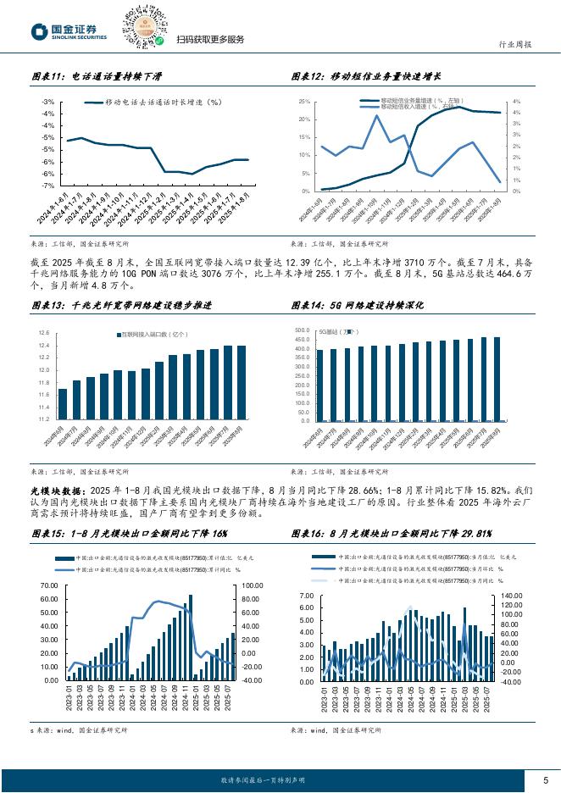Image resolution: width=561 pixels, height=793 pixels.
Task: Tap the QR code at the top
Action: pyautogui.click(x=145, y=26)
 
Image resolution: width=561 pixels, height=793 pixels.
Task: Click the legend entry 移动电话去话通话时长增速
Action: pyautogui.click(x=153, y=102)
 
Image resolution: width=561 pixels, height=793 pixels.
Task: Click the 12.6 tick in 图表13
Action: pyautogui.click(x=45, y=334)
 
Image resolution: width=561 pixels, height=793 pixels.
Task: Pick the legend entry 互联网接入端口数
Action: pyautogui.click(x=153, y=335)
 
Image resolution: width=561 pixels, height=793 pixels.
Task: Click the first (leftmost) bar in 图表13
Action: pyautogui.click(x=63, y=403)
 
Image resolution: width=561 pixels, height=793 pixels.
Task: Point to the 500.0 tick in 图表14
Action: pyautogui.click(x=303, y=330)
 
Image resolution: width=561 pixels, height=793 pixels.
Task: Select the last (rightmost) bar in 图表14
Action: pyautogui.click(x=496, y=379)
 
